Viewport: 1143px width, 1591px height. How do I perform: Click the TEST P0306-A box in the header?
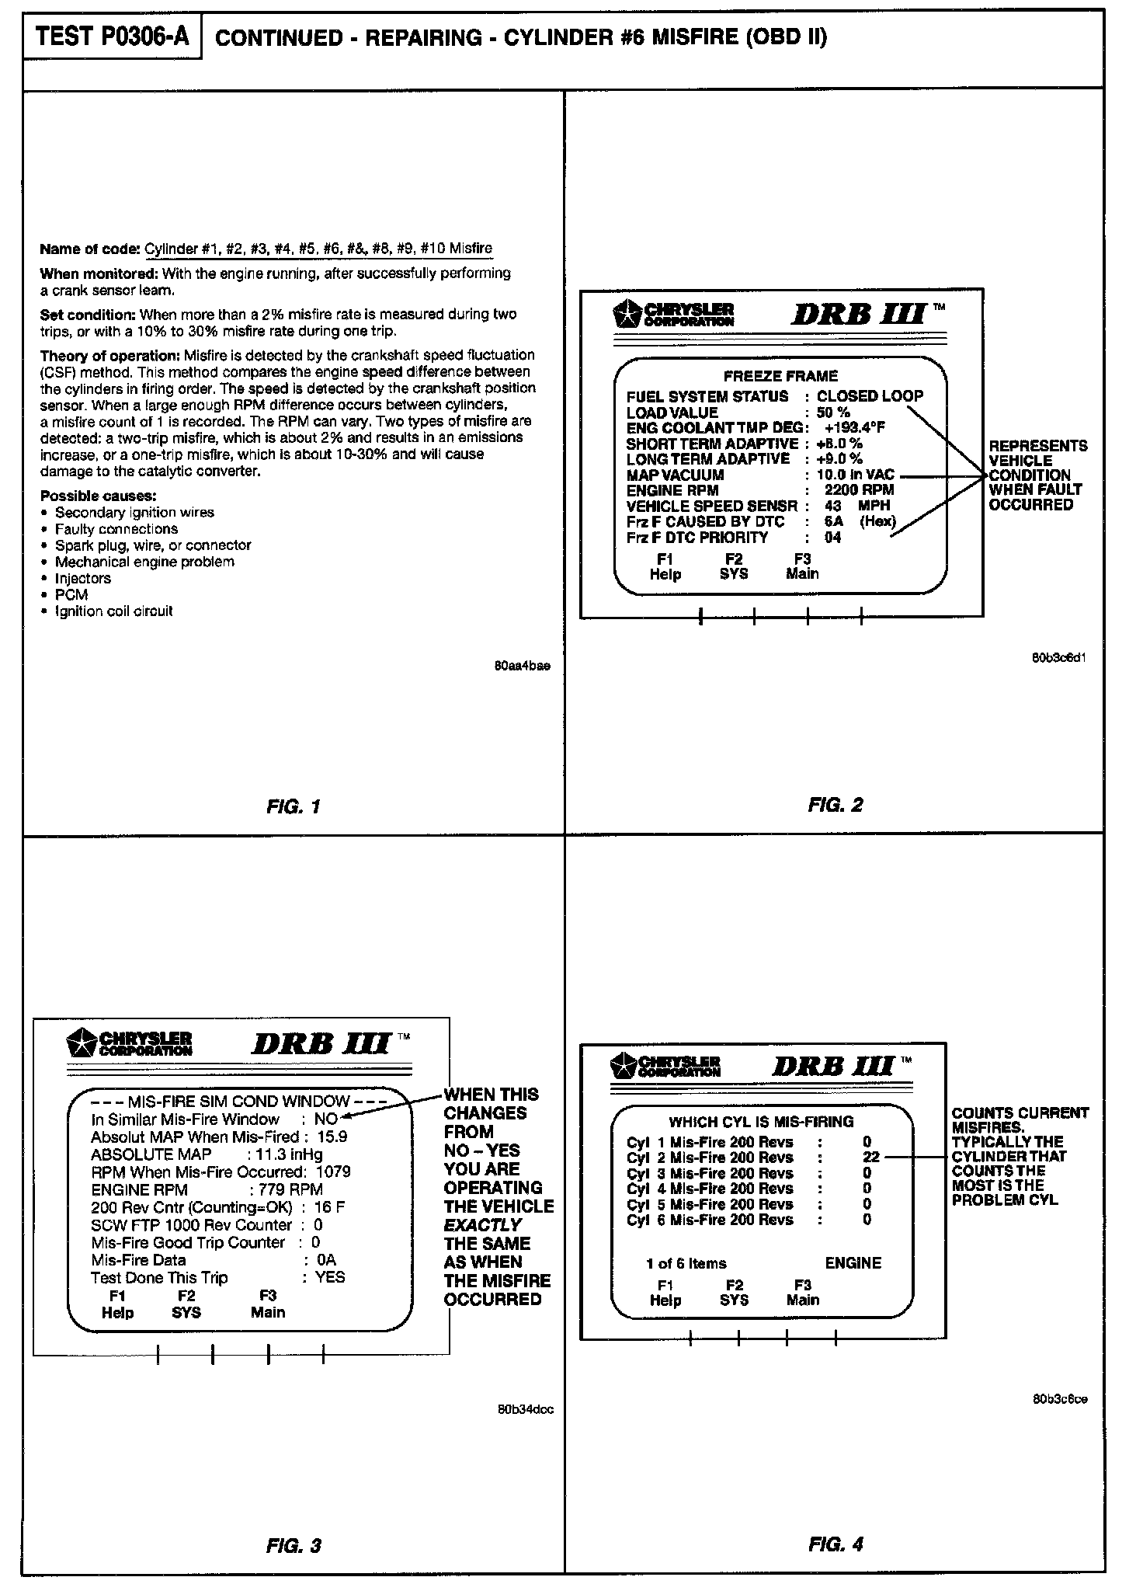point(113,37)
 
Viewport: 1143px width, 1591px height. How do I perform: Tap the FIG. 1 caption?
point(293,806)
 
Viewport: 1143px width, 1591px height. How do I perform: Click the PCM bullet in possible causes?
point(71,594)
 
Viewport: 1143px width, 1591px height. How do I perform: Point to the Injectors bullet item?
point(82,578)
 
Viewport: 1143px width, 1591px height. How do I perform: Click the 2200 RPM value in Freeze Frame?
point(859,490)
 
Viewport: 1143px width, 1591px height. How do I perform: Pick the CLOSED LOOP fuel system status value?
point(870,395)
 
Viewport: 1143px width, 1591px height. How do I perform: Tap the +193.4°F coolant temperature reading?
point(855,428)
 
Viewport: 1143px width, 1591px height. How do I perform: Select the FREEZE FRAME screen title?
point(780,376)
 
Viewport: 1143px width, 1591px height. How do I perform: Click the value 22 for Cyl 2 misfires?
point(870,1157)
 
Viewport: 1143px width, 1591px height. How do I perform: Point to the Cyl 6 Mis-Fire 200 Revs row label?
point(710,1220)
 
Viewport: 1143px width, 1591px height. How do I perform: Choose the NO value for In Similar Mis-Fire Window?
point(326,1119)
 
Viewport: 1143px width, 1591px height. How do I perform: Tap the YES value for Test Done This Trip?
point(330,1277)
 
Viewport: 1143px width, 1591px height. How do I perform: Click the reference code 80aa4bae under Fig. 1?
point(522,667)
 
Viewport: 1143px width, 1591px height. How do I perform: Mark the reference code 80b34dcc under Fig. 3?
point(525,1409)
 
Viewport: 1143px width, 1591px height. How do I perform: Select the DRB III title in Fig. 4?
point(832,1066)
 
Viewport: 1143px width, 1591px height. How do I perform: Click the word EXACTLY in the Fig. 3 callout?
point(482,1225)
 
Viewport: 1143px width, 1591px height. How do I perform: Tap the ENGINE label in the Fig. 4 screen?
point(853,1263)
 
